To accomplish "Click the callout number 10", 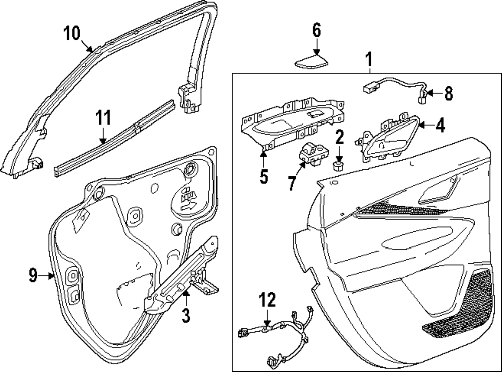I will click(72, 34).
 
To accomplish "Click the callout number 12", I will click(267, 300).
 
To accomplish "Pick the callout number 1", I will click(368, 61).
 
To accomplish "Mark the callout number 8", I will click(448, 93).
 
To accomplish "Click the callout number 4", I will click(440, 125).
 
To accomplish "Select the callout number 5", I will click(264, 176).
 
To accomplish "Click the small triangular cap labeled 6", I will click(311, 62).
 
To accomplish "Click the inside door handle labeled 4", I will click(384, 139).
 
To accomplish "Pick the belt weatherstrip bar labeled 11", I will click(115, 138).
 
